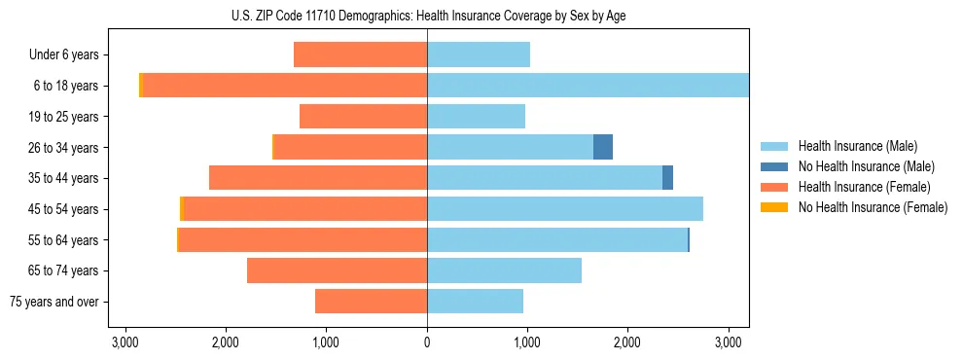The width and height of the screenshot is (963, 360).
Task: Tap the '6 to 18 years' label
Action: point(66,86)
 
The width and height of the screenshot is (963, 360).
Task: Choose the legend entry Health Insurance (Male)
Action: point(857,146)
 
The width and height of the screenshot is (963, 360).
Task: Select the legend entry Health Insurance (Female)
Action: point(864,187)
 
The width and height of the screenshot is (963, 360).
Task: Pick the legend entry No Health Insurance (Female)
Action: point(873,207)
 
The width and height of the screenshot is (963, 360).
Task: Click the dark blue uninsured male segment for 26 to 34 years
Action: point(603,147)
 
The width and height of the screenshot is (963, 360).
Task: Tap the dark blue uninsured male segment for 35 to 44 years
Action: point(667,178)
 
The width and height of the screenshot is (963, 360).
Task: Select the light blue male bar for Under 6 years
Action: point(479,55)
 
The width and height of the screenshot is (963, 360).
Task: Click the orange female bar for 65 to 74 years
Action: point(337,270)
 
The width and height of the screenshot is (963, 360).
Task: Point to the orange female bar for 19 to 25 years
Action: point(363,117)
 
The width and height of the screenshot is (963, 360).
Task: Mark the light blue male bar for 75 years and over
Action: point(475,302)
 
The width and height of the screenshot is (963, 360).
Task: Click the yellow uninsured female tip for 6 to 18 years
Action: point(141,86)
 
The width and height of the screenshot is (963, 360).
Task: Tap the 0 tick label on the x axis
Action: point(427,342)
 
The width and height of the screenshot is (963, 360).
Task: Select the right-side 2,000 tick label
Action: point(627,342)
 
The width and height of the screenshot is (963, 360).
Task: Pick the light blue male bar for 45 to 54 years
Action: point(564,209)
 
